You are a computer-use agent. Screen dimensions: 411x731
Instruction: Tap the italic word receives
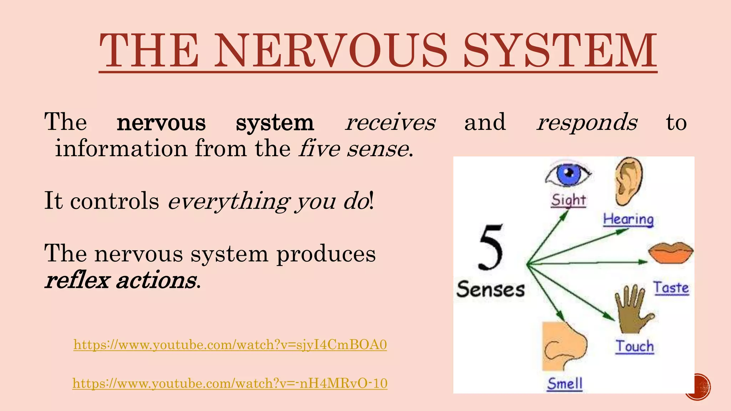[x=390, y=122]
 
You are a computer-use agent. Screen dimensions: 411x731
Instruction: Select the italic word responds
[x=587, y=122]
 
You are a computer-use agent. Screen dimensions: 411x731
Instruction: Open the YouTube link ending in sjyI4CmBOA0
[x=230, y=345]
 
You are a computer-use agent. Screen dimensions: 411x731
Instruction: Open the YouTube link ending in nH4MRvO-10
[x=230, y=383]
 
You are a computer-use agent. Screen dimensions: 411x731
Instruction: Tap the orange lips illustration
[x=670, y=253]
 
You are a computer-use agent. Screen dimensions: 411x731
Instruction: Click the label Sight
[x=569, y=200]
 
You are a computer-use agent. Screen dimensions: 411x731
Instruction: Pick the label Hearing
[x=628, y=219]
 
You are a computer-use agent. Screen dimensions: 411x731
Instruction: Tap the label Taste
[x=671, y=288]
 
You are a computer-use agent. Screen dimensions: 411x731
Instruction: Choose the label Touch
[x=635, y=346]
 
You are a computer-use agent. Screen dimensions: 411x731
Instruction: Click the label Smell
[x=565, y=384]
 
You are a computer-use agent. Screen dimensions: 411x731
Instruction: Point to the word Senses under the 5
[x=490, y=289]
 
